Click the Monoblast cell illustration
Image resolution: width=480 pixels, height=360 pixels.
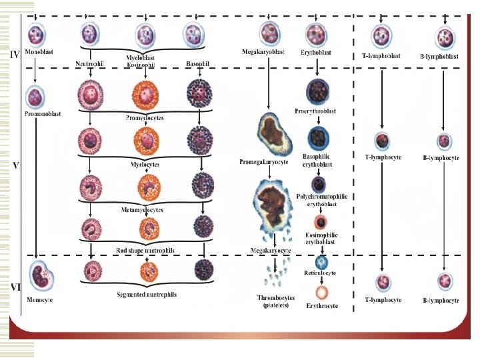coord(36,34)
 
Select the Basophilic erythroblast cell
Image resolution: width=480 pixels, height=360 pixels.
coord(316,138)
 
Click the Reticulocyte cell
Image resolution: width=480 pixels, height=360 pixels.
coord(321,263)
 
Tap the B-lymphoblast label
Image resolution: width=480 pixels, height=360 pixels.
coord(440,56)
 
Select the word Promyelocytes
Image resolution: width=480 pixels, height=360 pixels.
coord(145,117)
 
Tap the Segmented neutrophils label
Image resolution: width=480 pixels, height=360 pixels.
coord(146,294)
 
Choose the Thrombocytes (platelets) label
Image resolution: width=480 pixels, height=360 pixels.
coord(273,301)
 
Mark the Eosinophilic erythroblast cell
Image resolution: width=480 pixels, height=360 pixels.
coord(321,223)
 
